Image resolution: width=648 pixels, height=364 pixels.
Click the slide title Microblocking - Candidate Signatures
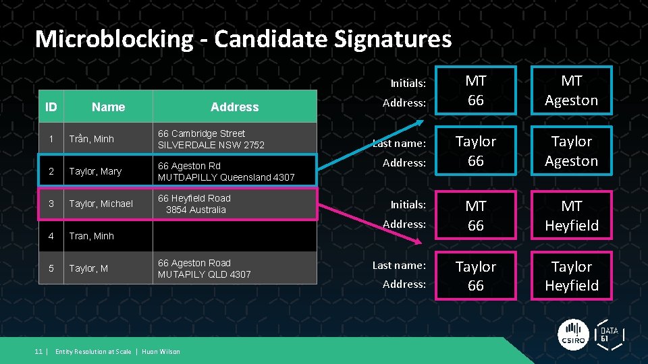243,38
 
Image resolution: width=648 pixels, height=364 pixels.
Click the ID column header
51,107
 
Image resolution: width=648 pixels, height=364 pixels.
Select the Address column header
234,107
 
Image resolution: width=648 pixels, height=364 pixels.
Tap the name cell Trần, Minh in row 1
91,139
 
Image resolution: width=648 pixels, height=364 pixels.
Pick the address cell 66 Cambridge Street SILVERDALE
211,139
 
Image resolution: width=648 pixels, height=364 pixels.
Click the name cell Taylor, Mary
95,171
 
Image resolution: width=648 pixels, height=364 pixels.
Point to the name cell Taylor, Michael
101,204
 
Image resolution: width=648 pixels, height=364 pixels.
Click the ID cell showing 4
51,236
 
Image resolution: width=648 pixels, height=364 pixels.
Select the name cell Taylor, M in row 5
88,268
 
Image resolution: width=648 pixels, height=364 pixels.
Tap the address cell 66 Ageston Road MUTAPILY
204,268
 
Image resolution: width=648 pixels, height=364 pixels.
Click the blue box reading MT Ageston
571,90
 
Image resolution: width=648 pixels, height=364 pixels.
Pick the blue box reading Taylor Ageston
571,151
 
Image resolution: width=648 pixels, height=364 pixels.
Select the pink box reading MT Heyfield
571,215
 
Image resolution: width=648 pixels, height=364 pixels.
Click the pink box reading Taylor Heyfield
571,276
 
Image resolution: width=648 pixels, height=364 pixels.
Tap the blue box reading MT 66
475,90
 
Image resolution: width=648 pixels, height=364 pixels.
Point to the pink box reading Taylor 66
475,276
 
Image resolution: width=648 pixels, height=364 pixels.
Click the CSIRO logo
572,334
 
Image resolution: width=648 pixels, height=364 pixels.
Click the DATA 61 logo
609,333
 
